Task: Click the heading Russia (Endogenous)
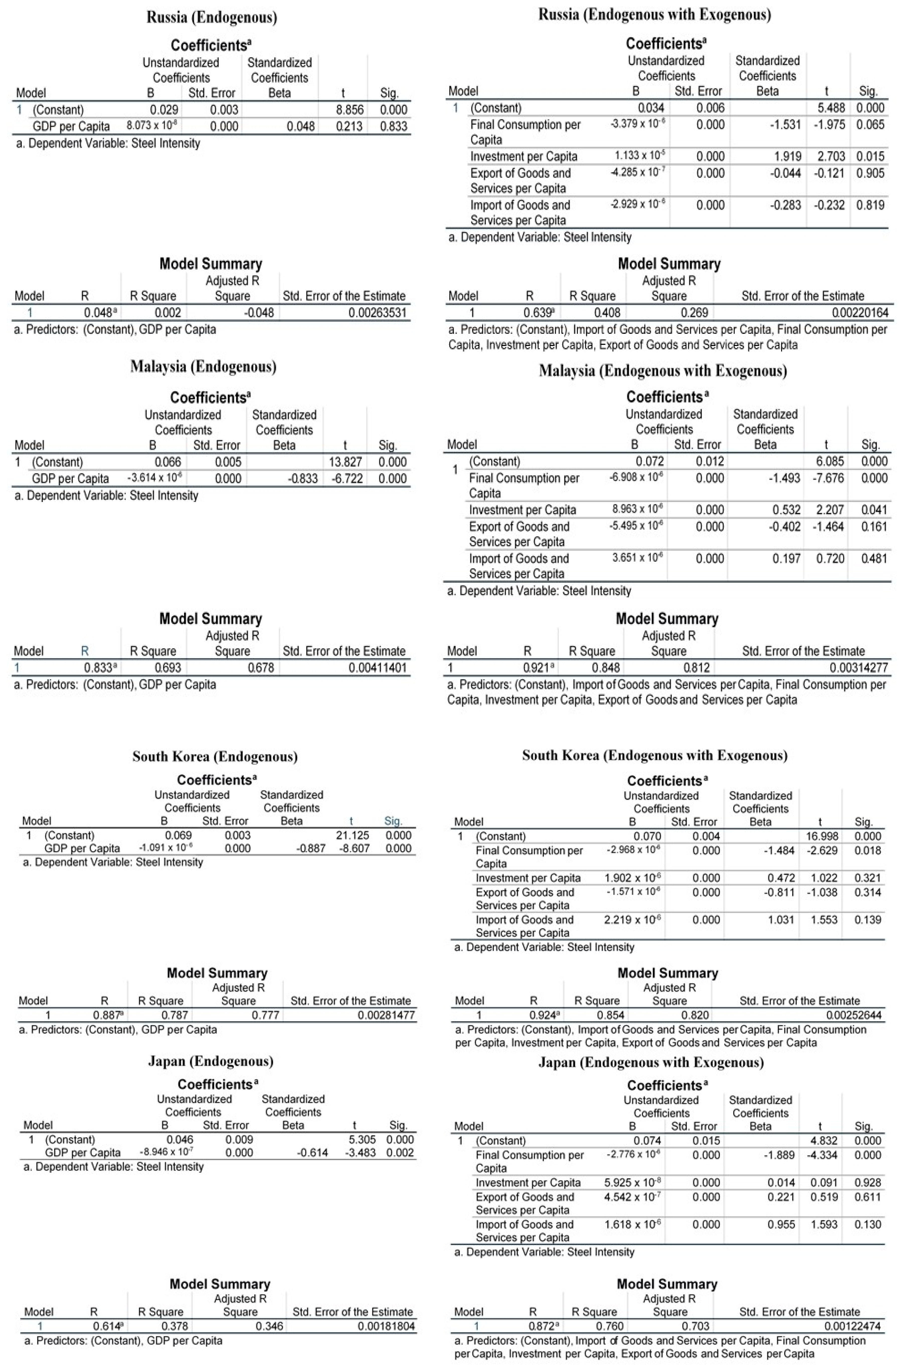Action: [211, 17]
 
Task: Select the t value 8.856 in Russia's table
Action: [350, 109]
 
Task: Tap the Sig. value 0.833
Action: [393, 126]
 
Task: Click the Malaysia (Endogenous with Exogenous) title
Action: [663, 371]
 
